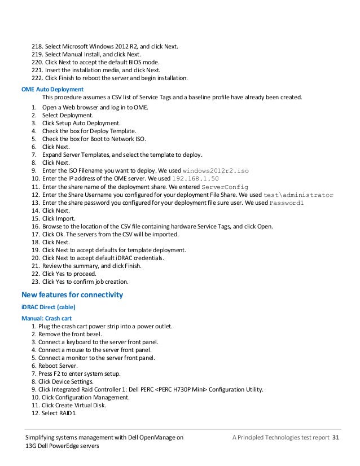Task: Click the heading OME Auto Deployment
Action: tap(52, 89)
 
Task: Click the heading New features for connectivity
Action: tap(72, 294)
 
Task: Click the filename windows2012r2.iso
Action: tap(216, 170)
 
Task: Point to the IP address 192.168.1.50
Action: tap(195, 178)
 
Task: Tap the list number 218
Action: tap(37, 46)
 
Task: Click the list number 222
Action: tap(37, 78)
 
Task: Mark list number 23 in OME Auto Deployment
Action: tap(34, 282)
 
